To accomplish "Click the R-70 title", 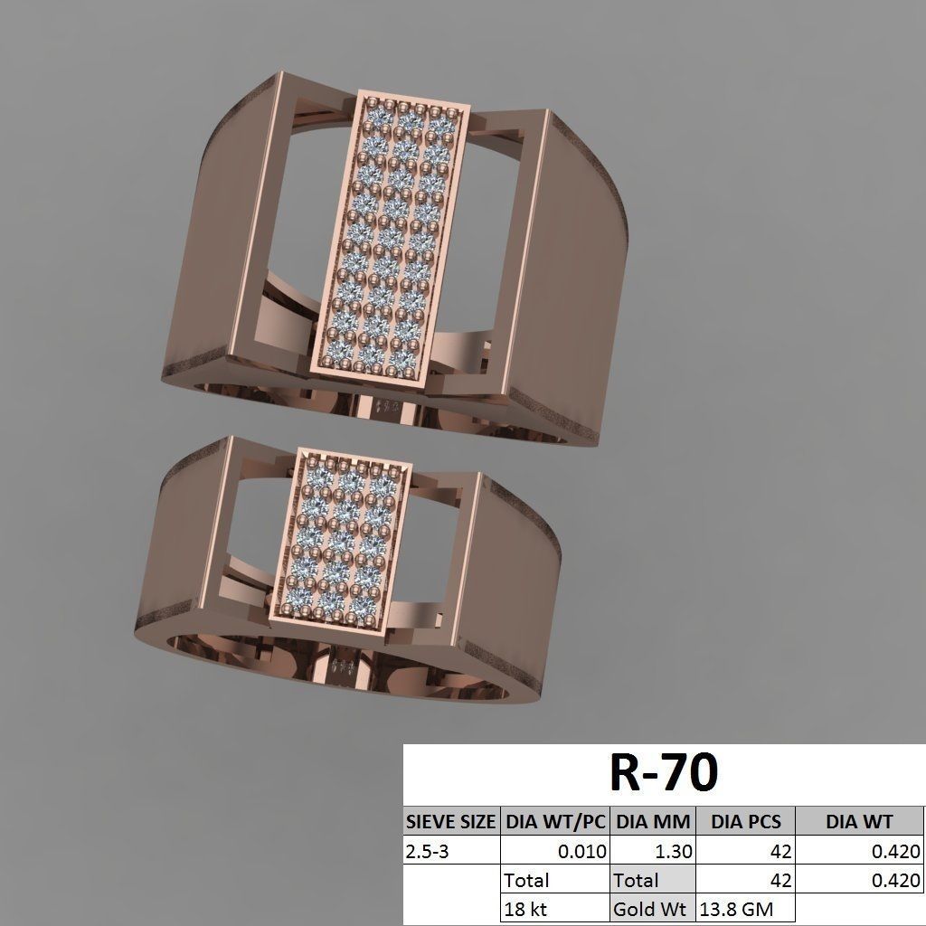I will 664,773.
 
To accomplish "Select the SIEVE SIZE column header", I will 450,822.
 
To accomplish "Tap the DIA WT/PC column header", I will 554,822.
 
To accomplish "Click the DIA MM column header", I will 653,822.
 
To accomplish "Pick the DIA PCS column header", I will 745,822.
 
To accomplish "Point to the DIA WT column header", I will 859,822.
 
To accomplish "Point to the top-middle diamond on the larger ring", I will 407,119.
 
